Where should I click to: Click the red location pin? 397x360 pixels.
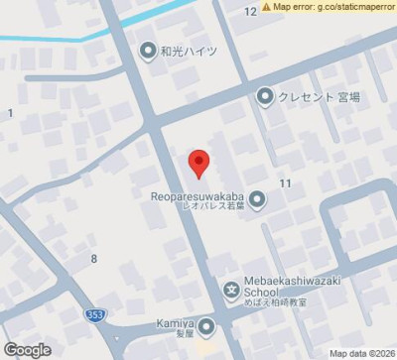pyautogui.click(x=198, y=162)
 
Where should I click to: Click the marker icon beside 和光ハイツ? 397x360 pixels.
pyautogui.click(x=148, y=49)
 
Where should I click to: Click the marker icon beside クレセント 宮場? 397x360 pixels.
pyautogui.click(x=265, y=96)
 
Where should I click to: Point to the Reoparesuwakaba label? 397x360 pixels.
pyautogui.click(x=199, y=195)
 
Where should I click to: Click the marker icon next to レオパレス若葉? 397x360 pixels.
pyautogui.click(x=257, y=201)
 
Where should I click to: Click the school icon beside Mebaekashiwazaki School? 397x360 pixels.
pyautogui.click(x=231, y=291)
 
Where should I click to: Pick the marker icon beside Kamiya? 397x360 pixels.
pyautogui.click(x=207, y=325)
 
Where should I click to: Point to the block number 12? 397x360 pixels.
pyautogui.click(x=250, y=11)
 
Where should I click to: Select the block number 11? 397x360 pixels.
pyautogui.click(x=286, y=183)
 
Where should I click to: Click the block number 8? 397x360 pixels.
pyautogui.click(x=94, y=259)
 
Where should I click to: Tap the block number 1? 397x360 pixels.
pyautogui.click(x=10, y=113)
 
